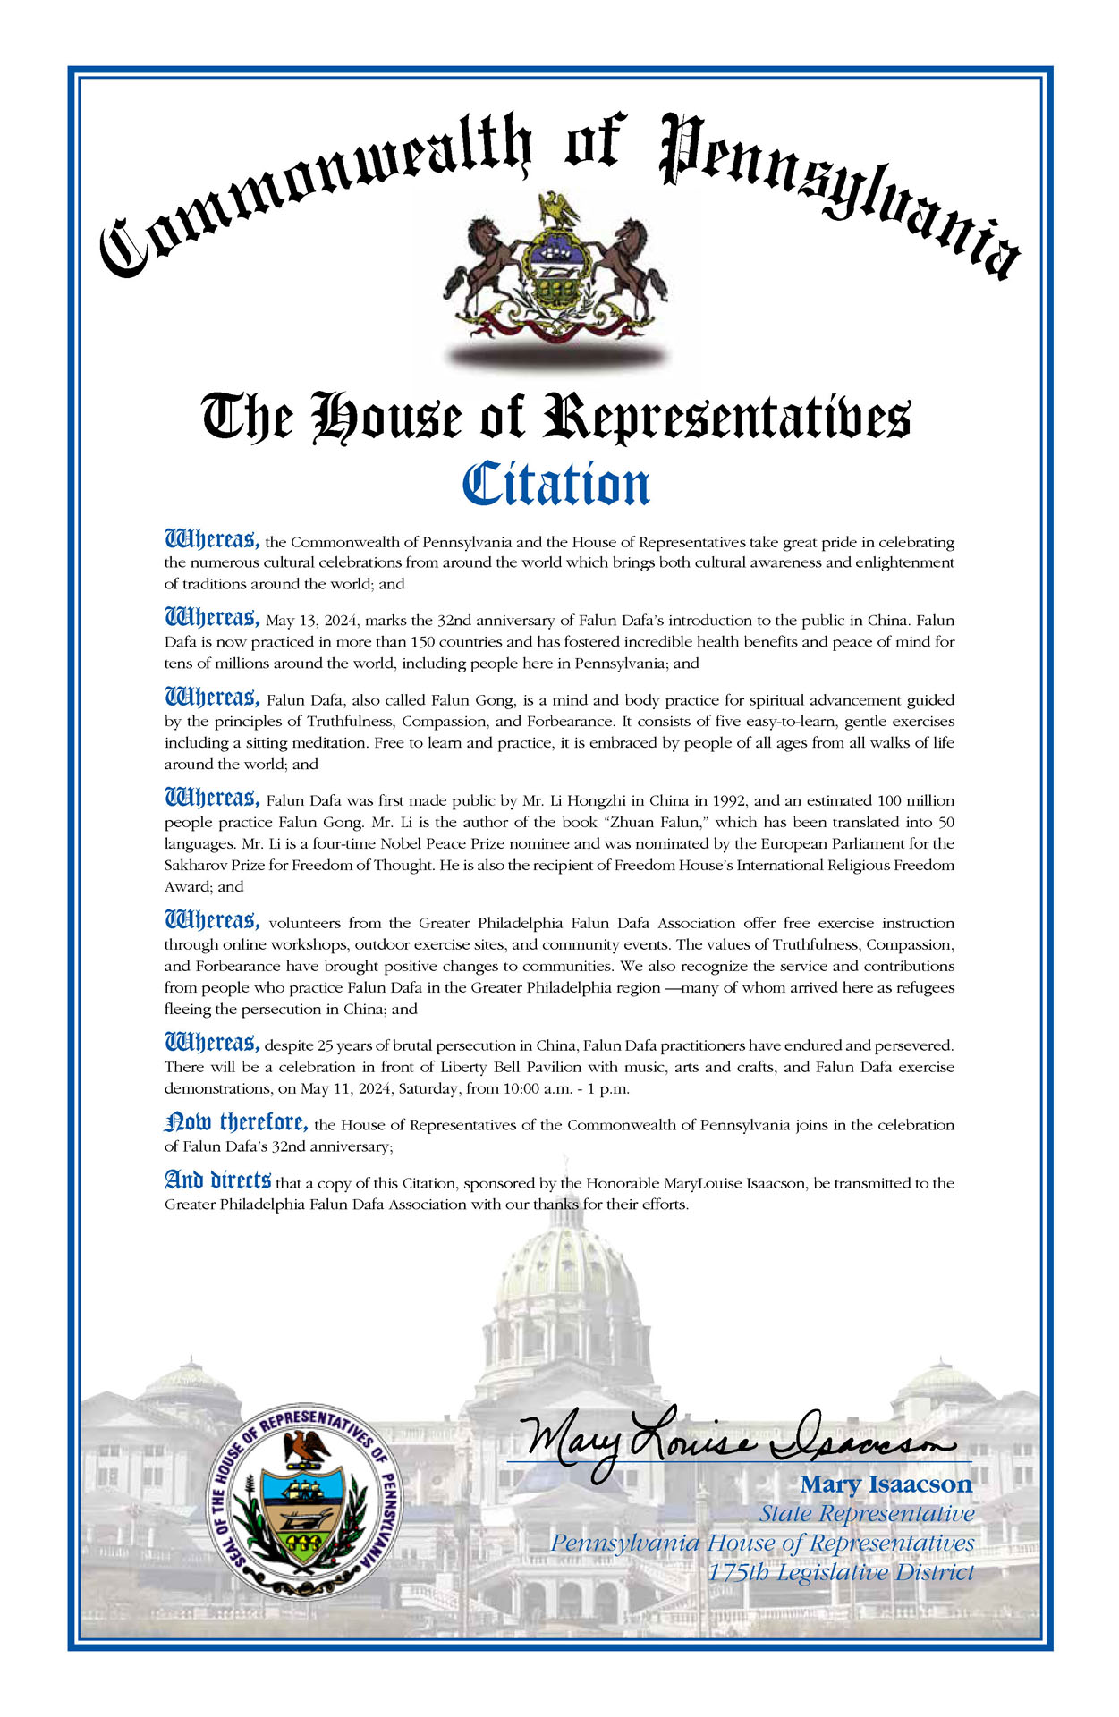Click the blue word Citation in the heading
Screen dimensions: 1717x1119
click(x=555, y=486)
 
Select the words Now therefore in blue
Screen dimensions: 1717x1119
click(x=237, y=1122)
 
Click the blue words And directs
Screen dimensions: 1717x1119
click(x=217, y=1180)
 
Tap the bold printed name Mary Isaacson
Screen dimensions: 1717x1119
click(x=885, y=1484)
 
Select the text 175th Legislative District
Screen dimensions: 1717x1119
click(x=840, y=1571)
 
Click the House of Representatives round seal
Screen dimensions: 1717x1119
click(x=304, y=1500)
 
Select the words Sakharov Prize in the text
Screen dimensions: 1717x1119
click(x=208, y=866)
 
